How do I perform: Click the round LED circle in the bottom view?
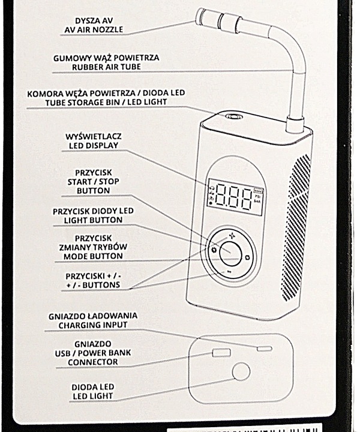(241, 372)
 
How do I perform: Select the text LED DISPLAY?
(92, 146)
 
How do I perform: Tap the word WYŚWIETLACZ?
(92, 137)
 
